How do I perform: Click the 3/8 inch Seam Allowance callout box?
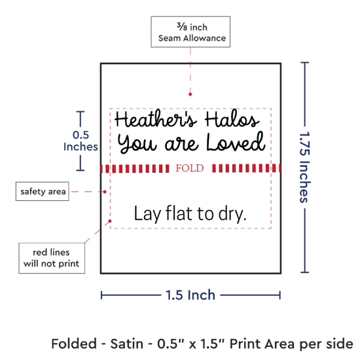click(x=190, y=31)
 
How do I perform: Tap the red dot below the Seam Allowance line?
click(x=190, y=94)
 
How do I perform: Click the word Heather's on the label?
click(x=156, y=119)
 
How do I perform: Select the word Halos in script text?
click(x=232, y=119)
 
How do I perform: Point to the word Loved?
click(x=236, y=142)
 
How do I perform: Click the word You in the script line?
click(x=137, y=143)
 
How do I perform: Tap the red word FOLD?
click(x=190, y=168)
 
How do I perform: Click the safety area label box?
click(x=43, y=191)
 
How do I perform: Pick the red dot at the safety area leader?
click(x=105, y=192)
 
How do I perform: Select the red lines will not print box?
click(x=52, y=258)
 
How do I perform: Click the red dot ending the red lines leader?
click(x=110, y=221)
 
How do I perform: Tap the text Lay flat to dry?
click(x=190, y=214)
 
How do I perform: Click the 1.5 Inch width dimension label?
click(x=190, y=295)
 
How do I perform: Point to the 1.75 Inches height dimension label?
click(x=305, y=167)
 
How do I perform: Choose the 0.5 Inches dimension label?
click(x=81, y=141)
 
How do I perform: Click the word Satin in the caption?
click(x=127, y=344)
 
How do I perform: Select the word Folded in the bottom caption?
click(x=74, y=344)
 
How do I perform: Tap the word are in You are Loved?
click(x=181, y=144)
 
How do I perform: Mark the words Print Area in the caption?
click(x=262, y=344)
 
